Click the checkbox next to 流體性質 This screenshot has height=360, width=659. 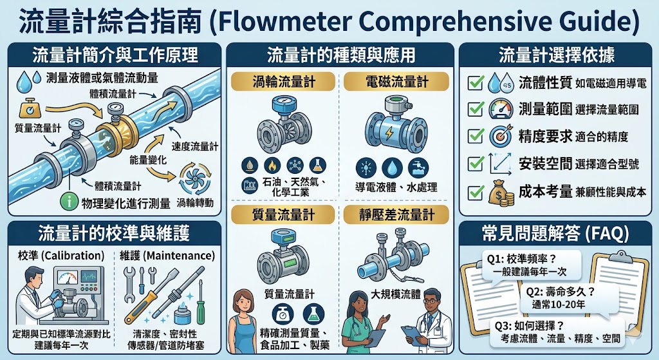475,83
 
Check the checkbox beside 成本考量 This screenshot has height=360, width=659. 475,191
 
